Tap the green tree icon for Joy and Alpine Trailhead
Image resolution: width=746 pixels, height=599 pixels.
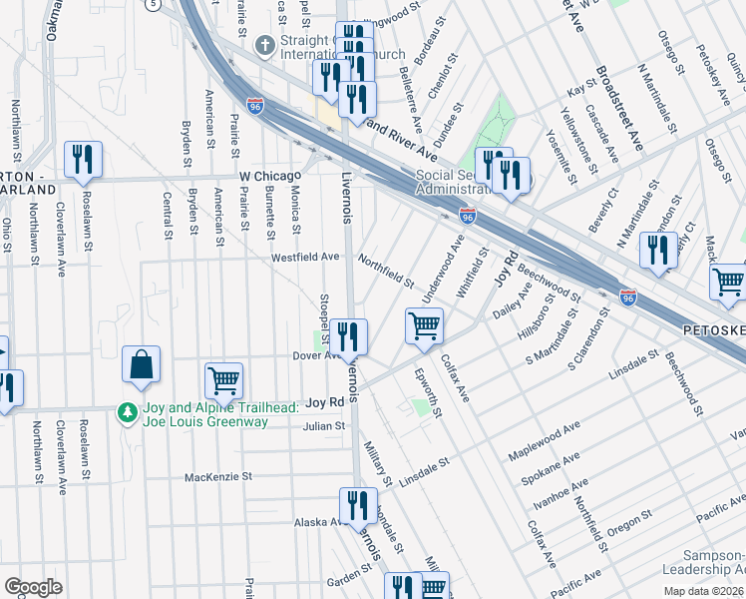coord(127,411)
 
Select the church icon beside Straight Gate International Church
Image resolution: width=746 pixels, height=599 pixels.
coord(264,46)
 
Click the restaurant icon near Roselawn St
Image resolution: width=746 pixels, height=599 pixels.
coord(83,160)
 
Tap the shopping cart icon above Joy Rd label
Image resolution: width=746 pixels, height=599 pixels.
coord(223,380)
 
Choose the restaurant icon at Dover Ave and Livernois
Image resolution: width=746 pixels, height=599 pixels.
coord(349,336)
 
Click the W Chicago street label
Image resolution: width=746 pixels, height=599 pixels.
coord(269,176)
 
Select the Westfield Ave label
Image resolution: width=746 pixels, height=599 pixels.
coord(305,257)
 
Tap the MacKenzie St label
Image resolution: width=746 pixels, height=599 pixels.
coord(217,477)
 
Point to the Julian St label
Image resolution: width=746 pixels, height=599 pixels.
coord(324,425)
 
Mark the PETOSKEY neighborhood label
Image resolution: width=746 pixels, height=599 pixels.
coord(712,328)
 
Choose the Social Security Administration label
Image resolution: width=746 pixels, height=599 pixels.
coord(452,183)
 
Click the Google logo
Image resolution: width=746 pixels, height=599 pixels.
coord(33,587)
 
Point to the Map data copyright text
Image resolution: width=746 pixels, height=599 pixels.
coord(704,591)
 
